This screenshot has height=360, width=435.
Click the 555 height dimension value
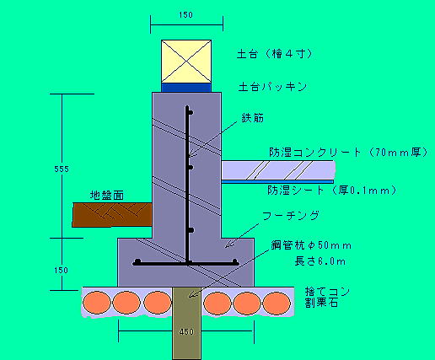62,169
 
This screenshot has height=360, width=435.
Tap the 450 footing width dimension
186,332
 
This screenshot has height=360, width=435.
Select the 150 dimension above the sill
186,15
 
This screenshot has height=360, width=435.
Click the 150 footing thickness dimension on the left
61,271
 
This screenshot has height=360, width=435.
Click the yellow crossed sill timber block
186,62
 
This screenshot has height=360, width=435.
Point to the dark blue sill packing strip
186,88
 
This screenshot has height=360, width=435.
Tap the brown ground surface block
112,215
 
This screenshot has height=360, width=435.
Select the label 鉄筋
253,118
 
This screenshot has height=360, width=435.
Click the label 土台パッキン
272,87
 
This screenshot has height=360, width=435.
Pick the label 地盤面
107,196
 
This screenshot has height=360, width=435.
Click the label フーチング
291,216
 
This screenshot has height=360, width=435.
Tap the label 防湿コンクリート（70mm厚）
348,153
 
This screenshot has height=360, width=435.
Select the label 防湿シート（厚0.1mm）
332,191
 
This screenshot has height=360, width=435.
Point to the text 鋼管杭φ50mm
311,245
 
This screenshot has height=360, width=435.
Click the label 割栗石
322,303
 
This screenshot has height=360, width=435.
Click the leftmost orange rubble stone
97,303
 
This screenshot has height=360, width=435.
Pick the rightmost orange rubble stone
277,303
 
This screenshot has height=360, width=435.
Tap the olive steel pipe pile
186,323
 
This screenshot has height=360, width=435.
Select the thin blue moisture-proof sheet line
277,182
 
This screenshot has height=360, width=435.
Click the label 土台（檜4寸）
275,54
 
